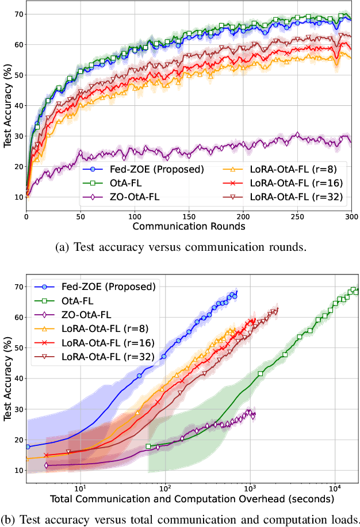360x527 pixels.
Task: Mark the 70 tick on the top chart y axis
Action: [19, 13]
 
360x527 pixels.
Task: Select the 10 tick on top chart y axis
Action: [19, 197]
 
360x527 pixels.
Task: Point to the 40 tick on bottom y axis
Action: [19, 379]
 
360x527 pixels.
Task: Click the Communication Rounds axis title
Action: [189, 227]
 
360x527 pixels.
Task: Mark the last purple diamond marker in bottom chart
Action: [253, 415]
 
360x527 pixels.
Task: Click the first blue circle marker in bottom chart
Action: [28, 446]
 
